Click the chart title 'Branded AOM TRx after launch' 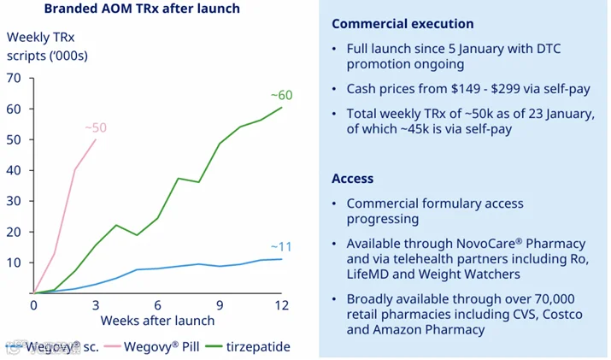142,9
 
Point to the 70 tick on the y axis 14,78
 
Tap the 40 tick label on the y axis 14,170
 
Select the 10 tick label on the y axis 14,263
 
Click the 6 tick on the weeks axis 158,305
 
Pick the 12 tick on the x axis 281,305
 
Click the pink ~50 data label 96,127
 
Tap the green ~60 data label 281,95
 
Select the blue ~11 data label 281,246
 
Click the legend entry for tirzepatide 248,346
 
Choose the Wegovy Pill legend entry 151,346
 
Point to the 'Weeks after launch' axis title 157,321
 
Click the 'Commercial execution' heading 402,24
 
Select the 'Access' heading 353,179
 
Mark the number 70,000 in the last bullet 555,299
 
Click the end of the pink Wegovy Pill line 96,139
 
